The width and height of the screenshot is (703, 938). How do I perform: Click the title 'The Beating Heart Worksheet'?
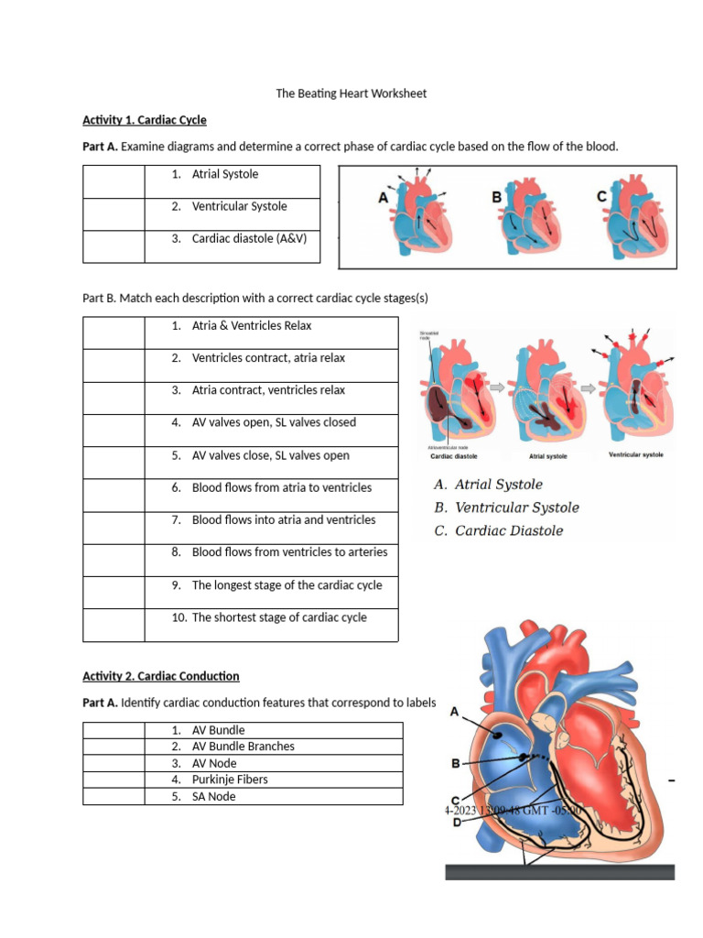click(351, 93)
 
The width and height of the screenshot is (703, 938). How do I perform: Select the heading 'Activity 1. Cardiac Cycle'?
click(145, 120)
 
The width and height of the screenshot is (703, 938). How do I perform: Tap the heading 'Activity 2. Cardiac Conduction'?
click(161, 676)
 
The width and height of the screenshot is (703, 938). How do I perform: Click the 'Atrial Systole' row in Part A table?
click(225, 174)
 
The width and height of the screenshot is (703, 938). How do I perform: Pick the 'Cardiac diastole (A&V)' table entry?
click(249, 239)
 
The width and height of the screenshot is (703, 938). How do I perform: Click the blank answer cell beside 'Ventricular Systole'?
click(114, 214)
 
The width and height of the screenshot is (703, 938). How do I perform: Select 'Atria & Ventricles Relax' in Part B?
click(252, 325)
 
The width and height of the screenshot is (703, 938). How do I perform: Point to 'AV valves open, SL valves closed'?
click(274, 422)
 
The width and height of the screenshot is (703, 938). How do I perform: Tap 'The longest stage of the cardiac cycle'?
click(287, 585)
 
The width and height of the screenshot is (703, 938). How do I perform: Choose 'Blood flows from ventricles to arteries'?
click(289, 552)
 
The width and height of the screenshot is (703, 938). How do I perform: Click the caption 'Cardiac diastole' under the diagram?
click(460, 455)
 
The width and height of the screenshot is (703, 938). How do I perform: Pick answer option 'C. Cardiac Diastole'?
click(499, 530)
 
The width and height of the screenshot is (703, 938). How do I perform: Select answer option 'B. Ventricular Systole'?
click(506, 507)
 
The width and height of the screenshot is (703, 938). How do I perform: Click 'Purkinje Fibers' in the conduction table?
click(230, 780)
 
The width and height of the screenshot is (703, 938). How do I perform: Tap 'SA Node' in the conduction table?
click(213, 796)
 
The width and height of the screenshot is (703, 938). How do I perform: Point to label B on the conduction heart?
click(455, 763)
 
